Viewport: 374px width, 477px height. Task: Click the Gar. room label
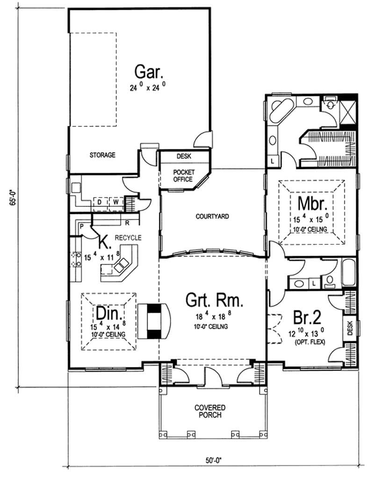tap(149, 73)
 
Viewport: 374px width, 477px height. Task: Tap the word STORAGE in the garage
tap(102, 155)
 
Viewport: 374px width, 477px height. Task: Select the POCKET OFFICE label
tap(184, 176)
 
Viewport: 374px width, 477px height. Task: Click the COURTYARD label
tap(212, 216)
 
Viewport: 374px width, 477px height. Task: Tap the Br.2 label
tap(307, 317)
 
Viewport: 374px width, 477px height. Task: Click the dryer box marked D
tap(99, 203)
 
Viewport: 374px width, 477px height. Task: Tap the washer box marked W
tap(115, 203)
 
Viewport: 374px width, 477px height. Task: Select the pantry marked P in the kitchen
tap(81, 227)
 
